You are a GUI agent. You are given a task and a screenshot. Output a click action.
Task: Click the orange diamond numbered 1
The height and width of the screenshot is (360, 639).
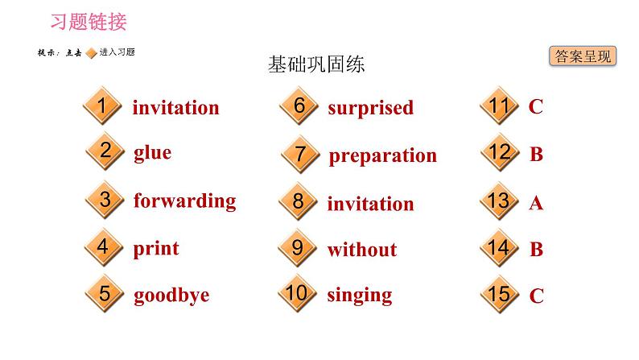pos(101,107)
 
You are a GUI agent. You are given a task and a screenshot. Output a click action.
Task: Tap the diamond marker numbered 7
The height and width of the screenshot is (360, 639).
pos(301,154)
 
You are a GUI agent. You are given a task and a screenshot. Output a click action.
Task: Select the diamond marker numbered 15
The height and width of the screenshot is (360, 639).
pos(499,295)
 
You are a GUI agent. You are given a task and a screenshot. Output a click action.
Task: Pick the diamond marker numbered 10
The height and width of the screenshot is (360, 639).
pos(297,293)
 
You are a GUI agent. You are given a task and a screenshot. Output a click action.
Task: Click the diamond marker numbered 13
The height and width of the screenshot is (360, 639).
pos(499,201)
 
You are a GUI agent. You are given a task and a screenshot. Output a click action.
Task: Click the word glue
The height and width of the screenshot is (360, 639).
pos(152,153)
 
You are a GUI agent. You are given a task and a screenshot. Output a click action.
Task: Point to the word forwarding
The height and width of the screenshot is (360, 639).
pos(184,201)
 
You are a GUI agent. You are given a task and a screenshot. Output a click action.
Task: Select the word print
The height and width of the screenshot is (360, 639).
pos(156,248)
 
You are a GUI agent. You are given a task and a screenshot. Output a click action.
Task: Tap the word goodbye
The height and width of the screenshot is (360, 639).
pos(171,295)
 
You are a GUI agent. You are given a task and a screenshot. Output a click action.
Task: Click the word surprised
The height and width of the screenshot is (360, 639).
pos(370,107)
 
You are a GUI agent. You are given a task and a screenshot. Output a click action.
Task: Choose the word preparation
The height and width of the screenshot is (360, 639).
pos(382,155)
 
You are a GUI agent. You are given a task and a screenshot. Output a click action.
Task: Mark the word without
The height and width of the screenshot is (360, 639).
pos(361,250)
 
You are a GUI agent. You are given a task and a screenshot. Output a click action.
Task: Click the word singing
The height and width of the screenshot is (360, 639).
pos(360,295)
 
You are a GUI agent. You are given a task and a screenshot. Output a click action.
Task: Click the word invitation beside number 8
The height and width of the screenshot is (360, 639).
pos(370,204)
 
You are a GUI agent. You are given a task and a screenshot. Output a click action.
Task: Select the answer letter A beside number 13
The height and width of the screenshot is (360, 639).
pos(536,204)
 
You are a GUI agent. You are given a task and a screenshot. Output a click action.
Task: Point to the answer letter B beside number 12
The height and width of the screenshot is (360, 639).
pos(537,155)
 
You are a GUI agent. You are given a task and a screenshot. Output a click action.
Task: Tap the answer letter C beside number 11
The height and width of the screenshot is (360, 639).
pos(536,106)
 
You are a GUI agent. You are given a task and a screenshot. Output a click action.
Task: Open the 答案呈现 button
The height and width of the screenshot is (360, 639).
pos(583,56)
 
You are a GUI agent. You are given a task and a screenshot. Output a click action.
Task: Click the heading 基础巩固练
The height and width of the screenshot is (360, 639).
pos(316,64)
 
